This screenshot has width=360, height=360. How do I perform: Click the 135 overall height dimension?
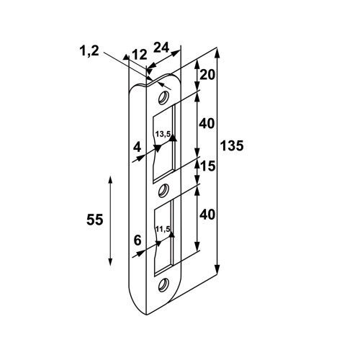click(x=232, y=145)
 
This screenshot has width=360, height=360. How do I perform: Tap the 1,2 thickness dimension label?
click(x=89, y=51)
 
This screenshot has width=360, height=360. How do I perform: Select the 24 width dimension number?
click(x=161, y=48)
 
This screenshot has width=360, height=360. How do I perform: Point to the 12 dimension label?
click(x=140, y=55)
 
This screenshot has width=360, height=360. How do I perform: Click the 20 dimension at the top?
click(x=207, y=75)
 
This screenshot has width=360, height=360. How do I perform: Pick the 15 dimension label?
click(x=207, y=166)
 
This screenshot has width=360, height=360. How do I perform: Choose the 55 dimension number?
click(x=95, y=220)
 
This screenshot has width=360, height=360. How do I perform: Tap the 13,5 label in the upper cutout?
click(x=163, y=134)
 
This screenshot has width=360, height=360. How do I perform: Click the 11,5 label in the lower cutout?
click(x=163, y=229)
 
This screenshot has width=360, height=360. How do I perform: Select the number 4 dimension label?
click(x=137, y=147)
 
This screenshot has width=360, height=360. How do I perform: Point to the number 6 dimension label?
click(x=138, y=240)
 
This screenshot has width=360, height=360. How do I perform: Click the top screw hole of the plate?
click(x=163, y=97)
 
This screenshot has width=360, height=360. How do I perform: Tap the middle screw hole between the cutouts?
click(x=163, y=190)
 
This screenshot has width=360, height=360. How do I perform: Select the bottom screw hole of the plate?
click(x=163, y=285)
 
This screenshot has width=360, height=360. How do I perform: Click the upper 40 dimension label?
click(x=207, y=124)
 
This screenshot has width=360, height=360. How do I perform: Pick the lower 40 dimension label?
click(x=207, y=215)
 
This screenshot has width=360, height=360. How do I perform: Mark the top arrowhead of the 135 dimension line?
click(x=217, y=53)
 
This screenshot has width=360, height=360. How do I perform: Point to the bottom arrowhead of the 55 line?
click(x=110, y=261)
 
